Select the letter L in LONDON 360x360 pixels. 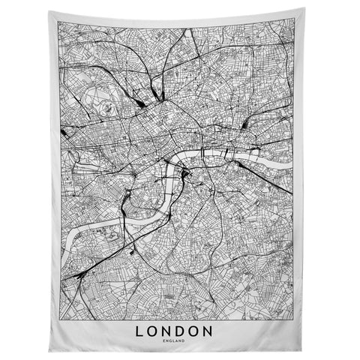[x=140, y=309]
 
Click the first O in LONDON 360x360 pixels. [x=155, y=309]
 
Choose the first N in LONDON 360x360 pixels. [x=172, y=309]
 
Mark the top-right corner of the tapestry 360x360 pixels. [x=311, y=9]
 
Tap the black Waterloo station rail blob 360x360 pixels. [x=185, y=177]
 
